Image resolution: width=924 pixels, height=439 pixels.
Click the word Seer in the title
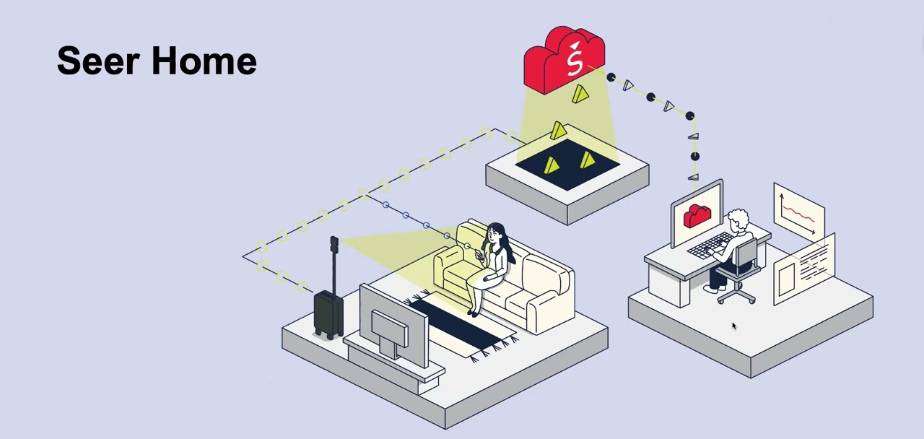[99, 61]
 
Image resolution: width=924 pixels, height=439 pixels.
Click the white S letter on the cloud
[574, 61]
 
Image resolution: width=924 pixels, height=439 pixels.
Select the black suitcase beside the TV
[328, 313]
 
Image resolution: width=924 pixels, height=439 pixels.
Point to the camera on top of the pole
[334, 243]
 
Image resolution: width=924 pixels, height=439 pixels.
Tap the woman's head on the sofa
[495, 233]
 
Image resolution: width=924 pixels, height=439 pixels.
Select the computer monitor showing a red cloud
[697, 214]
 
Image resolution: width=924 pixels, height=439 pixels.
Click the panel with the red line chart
[798, 212]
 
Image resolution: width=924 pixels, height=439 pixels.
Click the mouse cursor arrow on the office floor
[733, 326]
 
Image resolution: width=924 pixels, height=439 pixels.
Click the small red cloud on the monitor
[697, 215]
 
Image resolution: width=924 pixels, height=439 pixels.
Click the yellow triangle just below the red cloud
[580, 94]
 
